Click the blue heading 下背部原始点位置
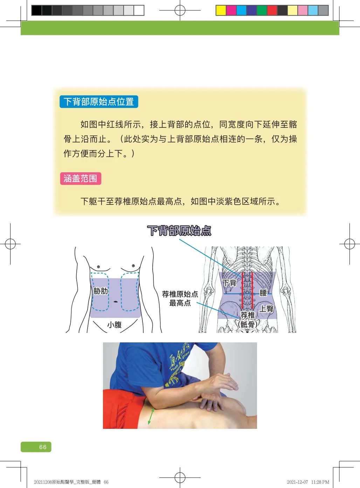(99, 102)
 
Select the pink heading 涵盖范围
(81, 179)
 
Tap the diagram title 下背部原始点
(179, 231)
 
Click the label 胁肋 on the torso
(101, 291)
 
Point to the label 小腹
(115, 325)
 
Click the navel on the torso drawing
(116, 302)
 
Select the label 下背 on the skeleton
(229, 283)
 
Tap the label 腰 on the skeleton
(263, 293)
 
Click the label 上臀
(266, 308)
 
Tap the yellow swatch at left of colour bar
(221, 11)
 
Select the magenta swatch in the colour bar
(231, 11)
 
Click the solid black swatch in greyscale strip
(36, 11)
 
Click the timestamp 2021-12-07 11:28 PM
(308, 482)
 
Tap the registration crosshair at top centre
(180, 10)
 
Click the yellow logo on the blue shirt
(178, 362)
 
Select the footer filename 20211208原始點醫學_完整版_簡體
(67, 482)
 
